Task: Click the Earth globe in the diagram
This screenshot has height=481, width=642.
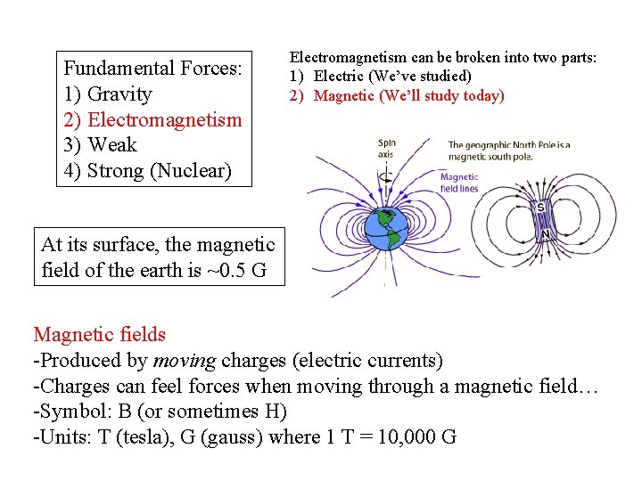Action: click(385, 228)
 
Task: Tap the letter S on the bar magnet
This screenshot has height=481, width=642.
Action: click(540, 208)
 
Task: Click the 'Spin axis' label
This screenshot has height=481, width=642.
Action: click(386, 148)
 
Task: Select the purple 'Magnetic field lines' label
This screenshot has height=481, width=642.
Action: click(459, 183)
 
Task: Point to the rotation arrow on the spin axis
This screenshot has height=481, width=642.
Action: click(385, 175)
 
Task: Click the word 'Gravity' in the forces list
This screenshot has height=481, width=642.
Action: click(120, 94)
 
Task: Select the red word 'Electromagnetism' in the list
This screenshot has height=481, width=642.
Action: click(165, 119)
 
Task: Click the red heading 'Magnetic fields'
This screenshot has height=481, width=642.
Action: click(99, 335)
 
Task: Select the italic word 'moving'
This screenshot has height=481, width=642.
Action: click(185, 361)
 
